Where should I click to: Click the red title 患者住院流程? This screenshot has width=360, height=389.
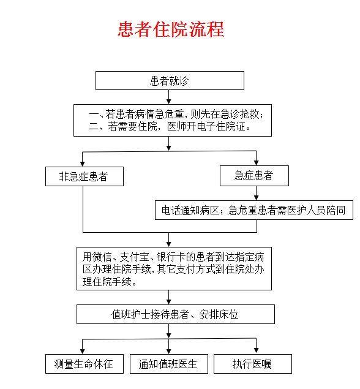[171, 29]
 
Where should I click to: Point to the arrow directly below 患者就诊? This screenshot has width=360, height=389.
[169, 97]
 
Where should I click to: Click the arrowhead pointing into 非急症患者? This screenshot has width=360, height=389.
[83, 164]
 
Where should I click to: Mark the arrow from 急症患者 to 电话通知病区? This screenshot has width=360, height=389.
[257, 193]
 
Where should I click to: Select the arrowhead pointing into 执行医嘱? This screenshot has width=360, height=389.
[257, 350]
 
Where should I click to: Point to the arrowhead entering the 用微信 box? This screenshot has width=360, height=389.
[169, 244]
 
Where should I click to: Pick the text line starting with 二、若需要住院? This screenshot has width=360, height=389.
[170, 127]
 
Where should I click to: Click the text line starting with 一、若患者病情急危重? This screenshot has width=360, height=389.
[176, 114]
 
